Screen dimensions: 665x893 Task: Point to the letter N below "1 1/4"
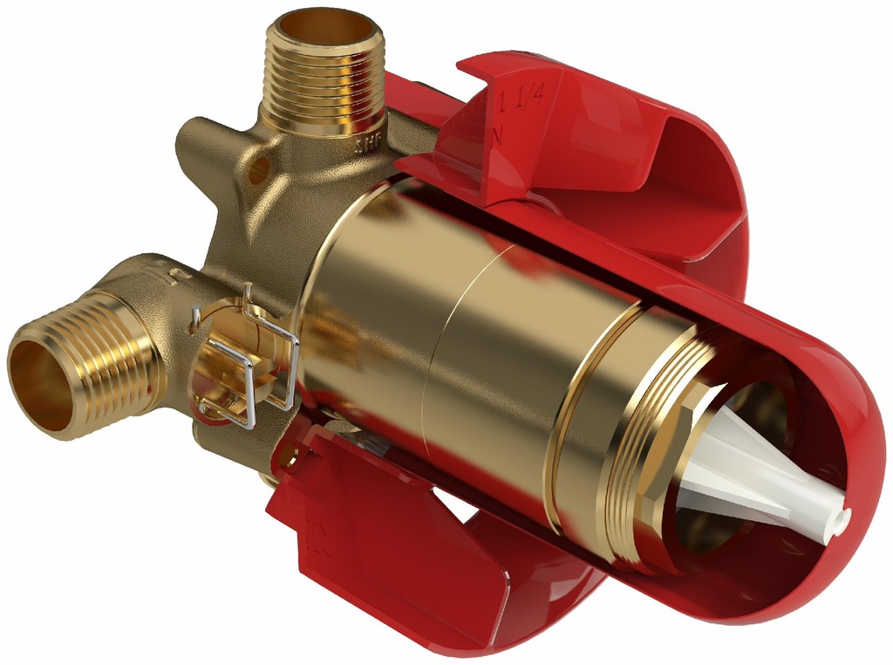coord(500,134)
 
